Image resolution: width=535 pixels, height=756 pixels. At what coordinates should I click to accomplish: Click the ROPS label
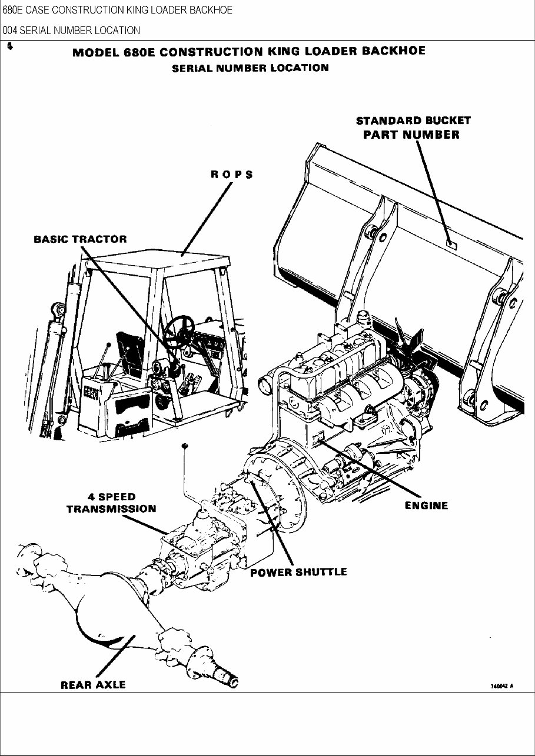[232, 175]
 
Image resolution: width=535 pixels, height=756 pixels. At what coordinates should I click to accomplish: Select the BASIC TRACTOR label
[80, 239]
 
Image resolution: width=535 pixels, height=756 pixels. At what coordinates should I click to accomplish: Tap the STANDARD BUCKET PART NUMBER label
[413, 128]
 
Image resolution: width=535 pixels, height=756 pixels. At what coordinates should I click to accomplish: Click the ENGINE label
[426, 505]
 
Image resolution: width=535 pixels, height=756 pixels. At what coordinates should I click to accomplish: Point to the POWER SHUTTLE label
[298, 572]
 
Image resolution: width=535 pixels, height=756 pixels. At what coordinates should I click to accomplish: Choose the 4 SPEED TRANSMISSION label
[111, 503]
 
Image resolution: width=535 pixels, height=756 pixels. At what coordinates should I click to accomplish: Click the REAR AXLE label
[93, 685]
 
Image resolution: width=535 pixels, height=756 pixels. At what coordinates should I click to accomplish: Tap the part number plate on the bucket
[451, 243]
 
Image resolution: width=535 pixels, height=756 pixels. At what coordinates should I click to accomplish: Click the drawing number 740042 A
[501, 686]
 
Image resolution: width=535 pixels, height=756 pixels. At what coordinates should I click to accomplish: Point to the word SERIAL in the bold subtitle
[192, 68]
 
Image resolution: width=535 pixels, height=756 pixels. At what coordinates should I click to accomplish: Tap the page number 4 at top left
[10, 46]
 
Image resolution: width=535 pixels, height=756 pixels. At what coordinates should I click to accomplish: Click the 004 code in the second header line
[10, 30]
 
